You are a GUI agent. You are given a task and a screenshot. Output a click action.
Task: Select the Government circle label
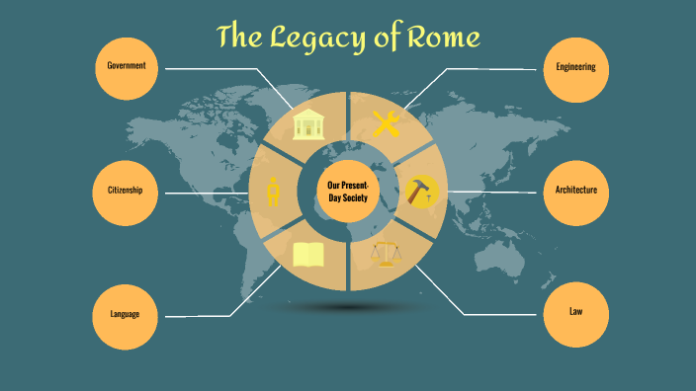point(127,66)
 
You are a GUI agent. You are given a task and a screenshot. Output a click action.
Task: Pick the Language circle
point(124,314)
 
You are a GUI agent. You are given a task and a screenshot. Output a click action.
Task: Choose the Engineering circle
point(575,67)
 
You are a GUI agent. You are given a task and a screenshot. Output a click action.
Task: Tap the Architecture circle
point(575,190)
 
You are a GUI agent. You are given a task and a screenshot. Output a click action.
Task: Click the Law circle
point(575,312)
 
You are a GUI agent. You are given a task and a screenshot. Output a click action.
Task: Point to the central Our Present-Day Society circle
point(347,191)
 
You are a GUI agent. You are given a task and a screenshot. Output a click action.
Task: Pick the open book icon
point(308,256)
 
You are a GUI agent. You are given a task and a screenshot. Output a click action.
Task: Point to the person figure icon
point(273,191)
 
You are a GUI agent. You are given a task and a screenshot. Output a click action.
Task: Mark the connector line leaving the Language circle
point(198,315)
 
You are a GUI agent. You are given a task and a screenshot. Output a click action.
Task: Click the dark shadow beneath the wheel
point(347,308)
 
